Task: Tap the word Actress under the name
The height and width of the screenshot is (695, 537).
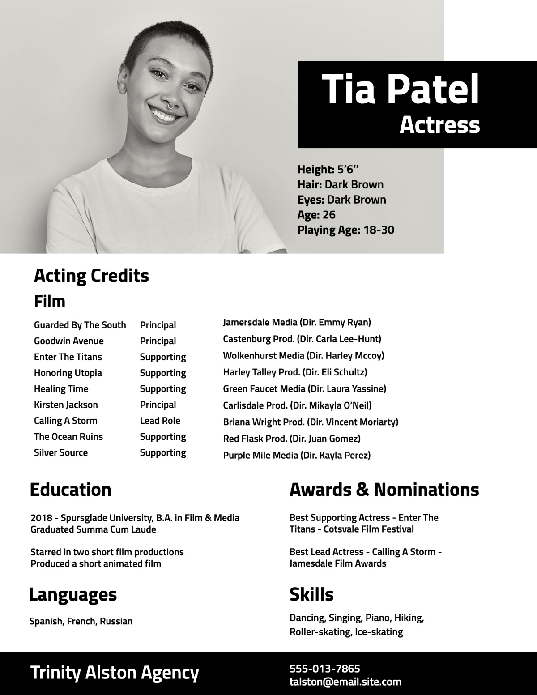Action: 439,124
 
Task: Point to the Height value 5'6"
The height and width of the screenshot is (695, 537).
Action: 348,170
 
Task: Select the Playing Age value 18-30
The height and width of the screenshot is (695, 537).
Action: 379,230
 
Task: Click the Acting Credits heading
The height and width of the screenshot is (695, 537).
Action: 91,276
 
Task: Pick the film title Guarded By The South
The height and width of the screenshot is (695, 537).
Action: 80,325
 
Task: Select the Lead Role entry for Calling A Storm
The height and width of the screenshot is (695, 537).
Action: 160,421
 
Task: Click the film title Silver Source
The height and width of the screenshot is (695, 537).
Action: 61,452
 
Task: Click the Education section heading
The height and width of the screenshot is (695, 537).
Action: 70,490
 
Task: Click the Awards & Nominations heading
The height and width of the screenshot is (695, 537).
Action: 384,490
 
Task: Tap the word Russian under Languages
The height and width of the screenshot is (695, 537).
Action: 116,621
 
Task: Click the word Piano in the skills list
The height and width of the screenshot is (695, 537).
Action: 378,618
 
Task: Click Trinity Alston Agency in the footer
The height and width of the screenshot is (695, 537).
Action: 115,673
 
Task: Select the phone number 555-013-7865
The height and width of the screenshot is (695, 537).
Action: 324,669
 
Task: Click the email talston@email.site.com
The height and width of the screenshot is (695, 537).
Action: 345,682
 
